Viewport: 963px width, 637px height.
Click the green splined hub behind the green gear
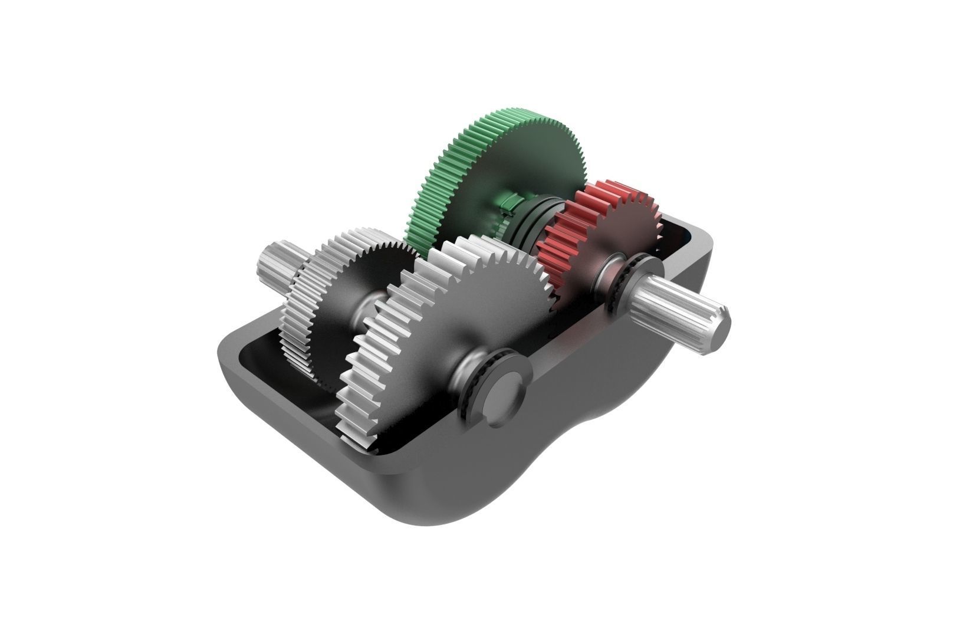(508, 203)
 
